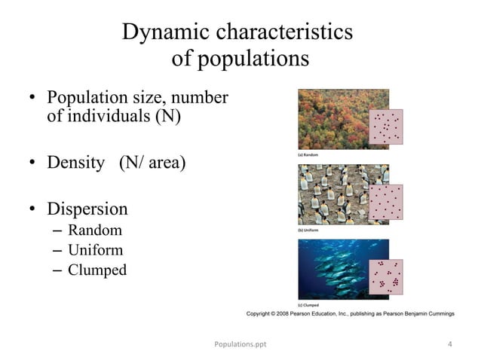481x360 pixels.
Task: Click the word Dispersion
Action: click(x=87, y=209)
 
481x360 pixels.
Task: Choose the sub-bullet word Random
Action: click(x=94, y=230)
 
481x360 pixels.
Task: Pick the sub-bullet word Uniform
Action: click(x=96, y=249)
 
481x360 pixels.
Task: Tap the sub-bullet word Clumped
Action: click(x=97, y=269)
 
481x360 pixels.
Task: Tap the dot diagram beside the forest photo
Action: click(x=387, y=126)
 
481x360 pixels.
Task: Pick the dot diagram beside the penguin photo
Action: click(x=387, y=201)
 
